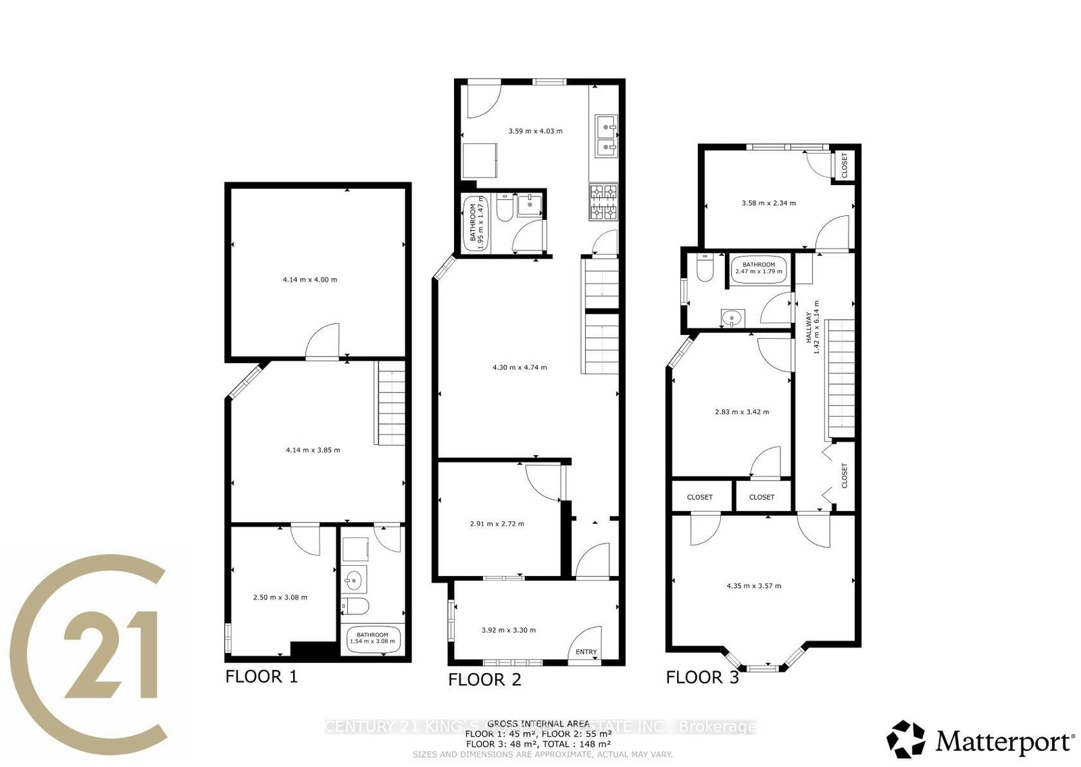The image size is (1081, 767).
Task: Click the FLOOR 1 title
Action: pyautogui.click(x=261, y=676)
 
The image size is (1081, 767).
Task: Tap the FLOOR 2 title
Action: pyautogui.click(x=484, y=679)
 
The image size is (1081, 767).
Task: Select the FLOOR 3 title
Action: pyautogui.click(x=702, y=677)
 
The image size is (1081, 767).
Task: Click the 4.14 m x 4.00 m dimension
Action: pyautogui.click(x=310, y=279)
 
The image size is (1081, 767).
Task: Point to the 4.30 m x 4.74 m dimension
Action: pyautogui.click(x=520, y=367)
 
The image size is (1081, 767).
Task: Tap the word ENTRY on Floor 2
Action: pyautogui.click(x=586, y=652)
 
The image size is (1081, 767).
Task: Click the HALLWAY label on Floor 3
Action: pyautogui.click(x=809, y=327)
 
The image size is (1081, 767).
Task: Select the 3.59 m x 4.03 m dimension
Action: pyautogui.click(x=535, y=131)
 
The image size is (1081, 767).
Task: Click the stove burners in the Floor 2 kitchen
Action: pyautogui.click(x=604, y=203)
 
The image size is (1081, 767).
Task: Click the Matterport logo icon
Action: pyautogui.click(x=907, y=739)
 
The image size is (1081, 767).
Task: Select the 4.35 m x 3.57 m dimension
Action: pyautogui.click(x=753, y=585)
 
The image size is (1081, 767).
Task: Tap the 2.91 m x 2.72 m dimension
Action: pyautogui.click(x=497, y=523)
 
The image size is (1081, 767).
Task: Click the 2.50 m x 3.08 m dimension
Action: pyautogui.click(x=280, y=597)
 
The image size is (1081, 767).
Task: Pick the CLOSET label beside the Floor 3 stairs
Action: pyautogui.click(x=845, y=475)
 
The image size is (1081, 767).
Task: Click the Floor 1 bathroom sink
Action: pyautogui.click(x=353, y=579)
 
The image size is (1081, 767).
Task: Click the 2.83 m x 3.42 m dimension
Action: pyautogui.click(x=741, y=411)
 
